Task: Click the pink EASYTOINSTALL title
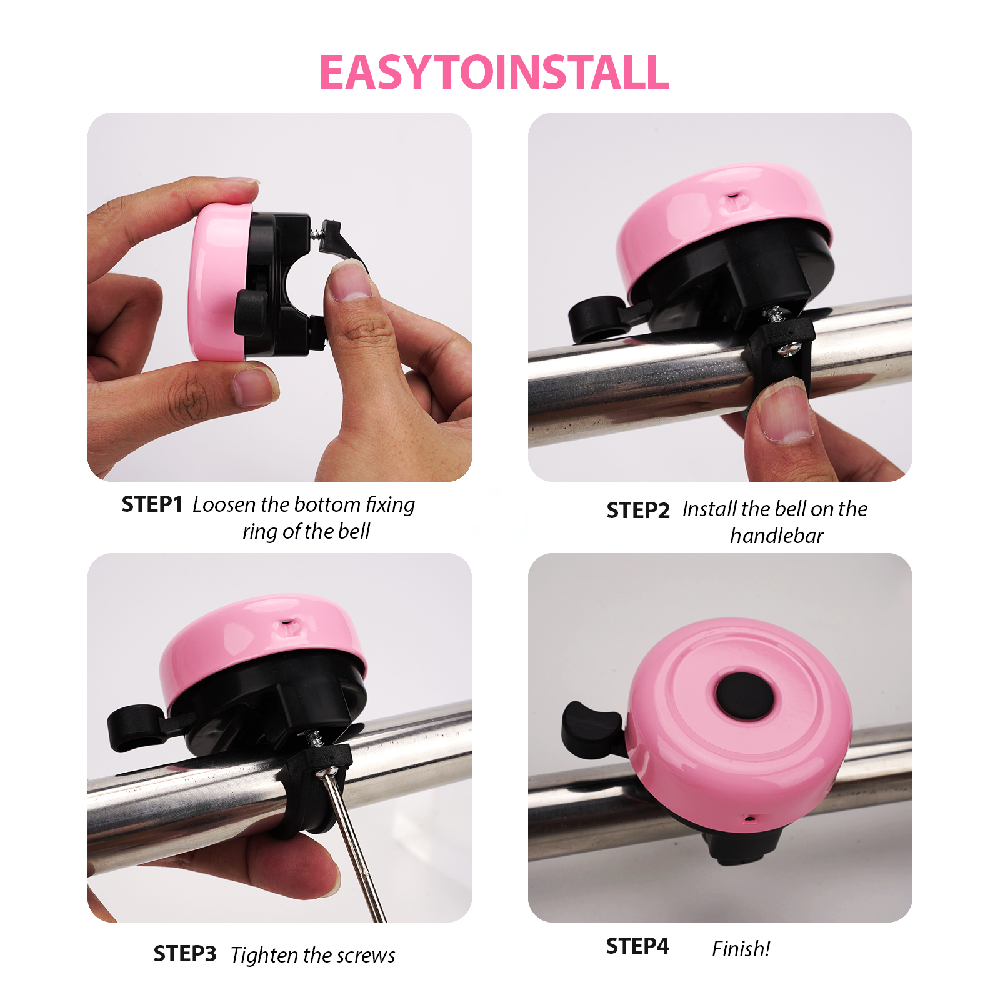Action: (494, 73)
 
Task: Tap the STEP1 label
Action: (152, 504)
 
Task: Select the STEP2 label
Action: (637, 511)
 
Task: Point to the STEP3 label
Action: (184, 954)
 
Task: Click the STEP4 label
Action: (637, 946)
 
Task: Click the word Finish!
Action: (741, 949)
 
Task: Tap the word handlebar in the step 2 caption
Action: (776, 536)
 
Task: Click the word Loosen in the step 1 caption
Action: (224, 504)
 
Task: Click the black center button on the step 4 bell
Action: (744, 695)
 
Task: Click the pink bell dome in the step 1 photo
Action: (216, 281)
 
